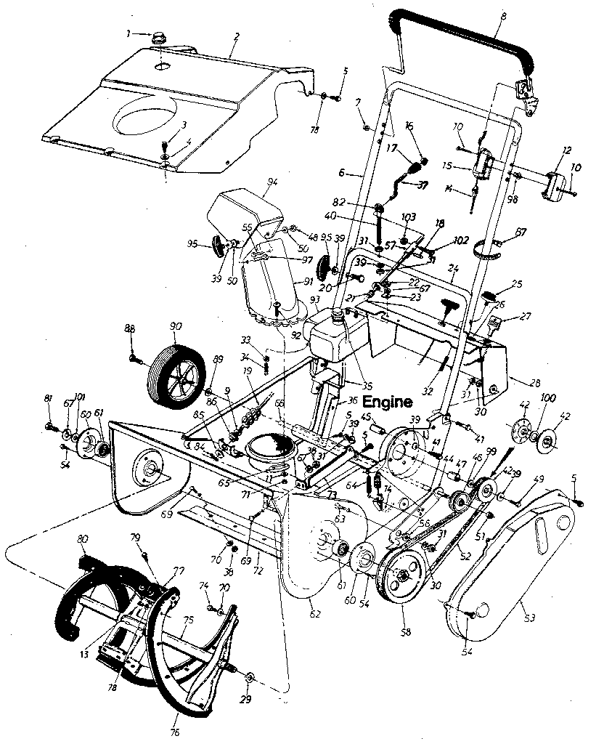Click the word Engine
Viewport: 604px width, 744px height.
coord(388,401)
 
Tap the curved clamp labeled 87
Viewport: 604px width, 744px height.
coord(488,251)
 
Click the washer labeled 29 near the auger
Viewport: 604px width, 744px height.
coord(249,679)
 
